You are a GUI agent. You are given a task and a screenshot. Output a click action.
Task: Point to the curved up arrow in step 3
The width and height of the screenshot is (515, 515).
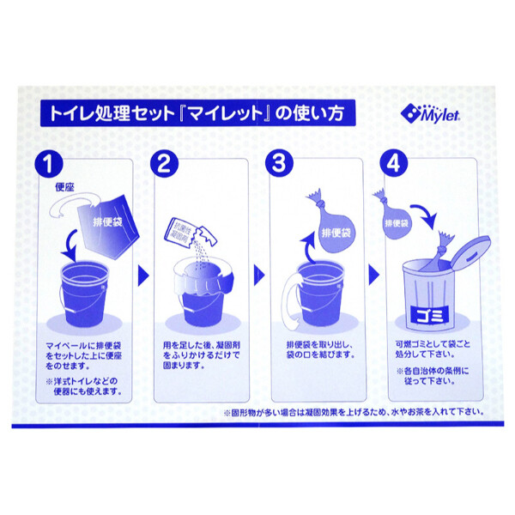coord(302,245)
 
